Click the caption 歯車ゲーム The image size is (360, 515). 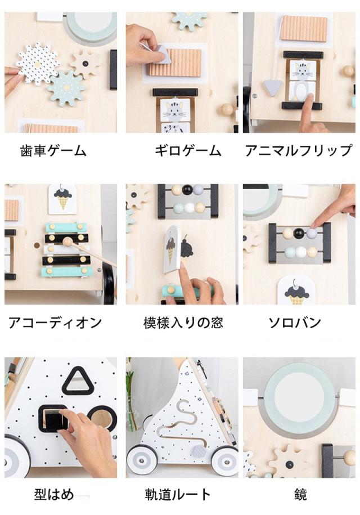tap(53, 151)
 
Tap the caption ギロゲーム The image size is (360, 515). tap(188, 151)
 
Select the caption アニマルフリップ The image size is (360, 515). tap(298, 151)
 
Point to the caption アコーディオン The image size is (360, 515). tap(55, 323)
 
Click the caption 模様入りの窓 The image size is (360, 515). tap(183, 323)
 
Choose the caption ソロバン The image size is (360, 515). tap(295, 323)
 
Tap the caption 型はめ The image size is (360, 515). tap(55, 494)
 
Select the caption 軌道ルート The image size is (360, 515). tap(178, 494)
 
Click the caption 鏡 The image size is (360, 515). tap(300, 494)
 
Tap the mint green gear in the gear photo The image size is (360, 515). tap(66, 88)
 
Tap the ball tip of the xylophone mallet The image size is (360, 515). tap(67, 242)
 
